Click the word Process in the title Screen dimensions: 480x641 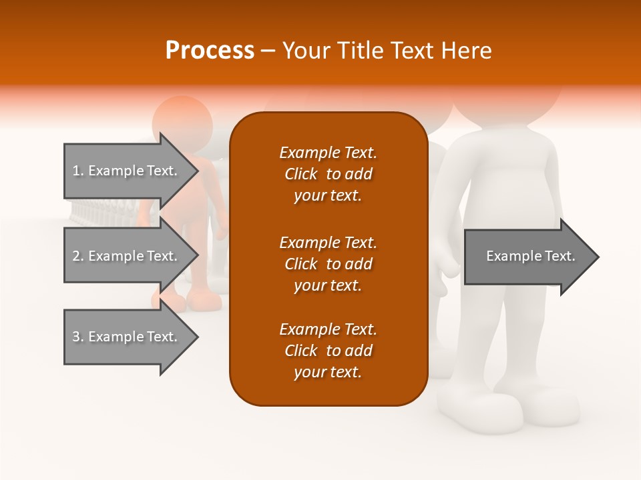(x=210, y=51)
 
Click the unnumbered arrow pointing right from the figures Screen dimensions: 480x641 (x=531, y=257)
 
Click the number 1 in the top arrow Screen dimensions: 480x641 (x=76, y=171)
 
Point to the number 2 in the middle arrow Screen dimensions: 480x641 (x=76, y=256)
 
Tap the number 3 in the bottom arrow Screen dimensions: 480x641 (x=76, y=337)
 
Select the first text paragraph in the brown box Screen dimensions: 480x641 (x=328, y=174)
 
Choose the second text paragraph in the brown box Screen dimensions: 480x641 (x=328, y=263)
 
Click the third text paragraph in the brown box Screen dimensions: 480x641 (x=328, y=351)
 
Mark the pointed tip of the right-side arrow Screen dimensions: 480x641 (x=598, y=257)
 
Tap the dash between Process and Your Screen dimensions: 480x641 (x=268, y=51)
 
